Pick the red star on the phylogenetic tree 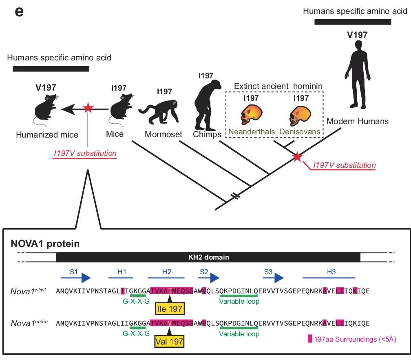pyautogui.click(x=298, y=156)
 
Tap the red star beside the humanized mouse pyautogui.click(x=87, y=108)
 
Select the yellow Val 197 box pyautogui.click(x=169, y=341)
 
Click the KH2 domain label pyautogui.click(x=208, y=257)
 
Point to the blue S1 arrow pyautogui.click(x=76, y=278)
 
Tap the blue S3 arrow pyautogui.click(x=273, y=278)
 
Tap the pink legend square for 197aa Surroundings pyautogui.click(x=310, y=339)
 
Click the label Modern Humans pyautogui.click(x=358, y=121)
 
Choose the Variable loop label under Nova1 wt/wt pyautogui.click(x=239, y=302)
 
